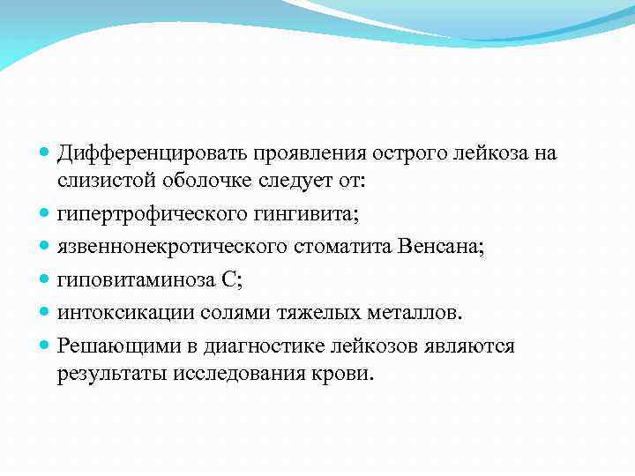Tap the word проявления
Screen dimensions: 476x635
[x=315, y=153]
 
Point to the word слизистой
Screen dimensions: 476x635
[x=102, y=182]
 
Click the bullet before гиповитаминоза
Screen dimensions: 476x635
[x=45, y=281]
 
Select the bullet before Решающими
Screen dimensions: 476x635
[x=45, y=346]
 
